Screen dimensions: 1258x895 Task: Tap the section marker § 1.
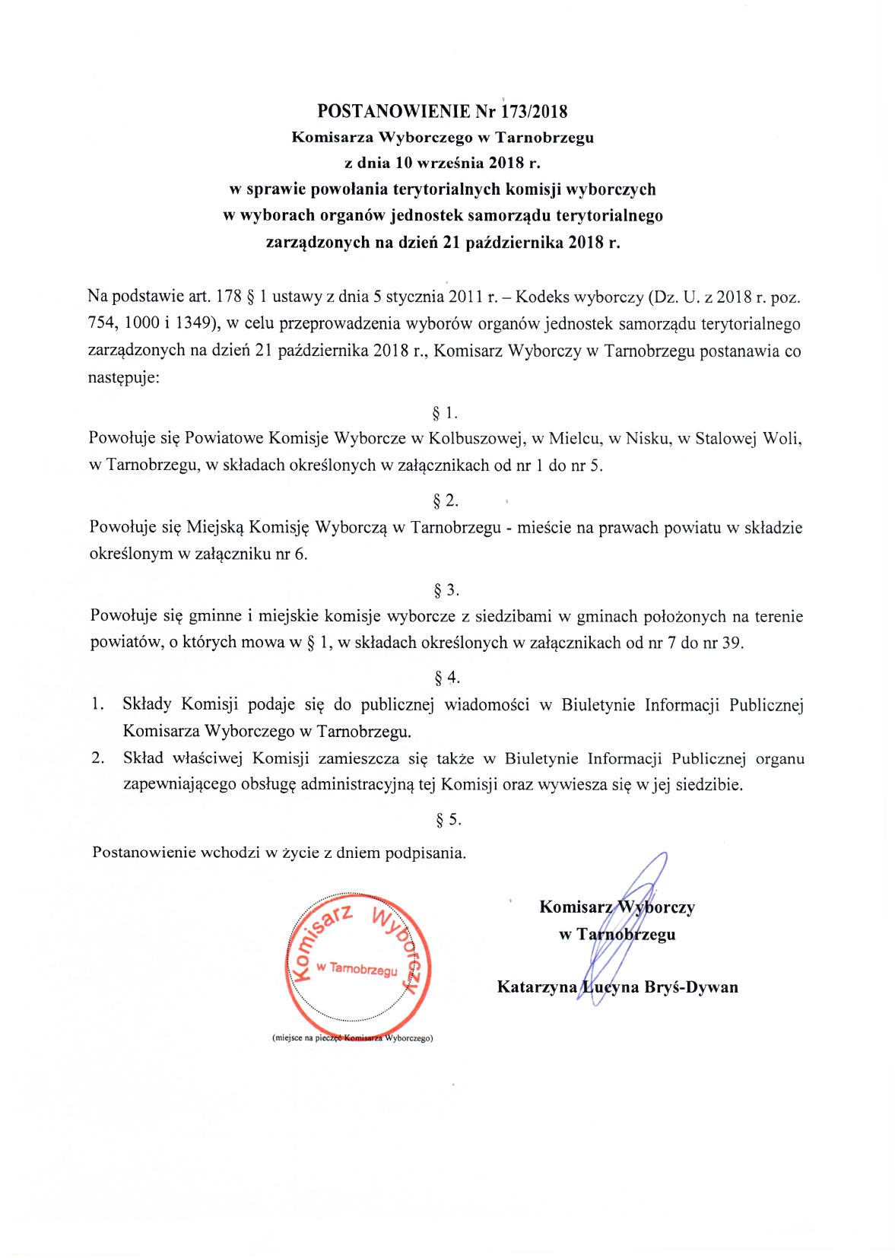pyautogui.click(x=444, y=413)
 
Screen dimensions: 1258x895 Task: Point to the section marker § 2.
pyautogui.click(x=445, y=500)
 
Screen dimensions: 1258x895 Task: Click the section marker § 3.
pyautogui.click(x=446, y=589)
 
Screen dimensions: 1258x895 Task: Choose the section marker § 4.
pyautogui.click(x=446, y=677)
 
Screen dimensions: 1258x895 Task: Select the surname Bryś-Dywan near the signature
pyautogui.click(x=691, y=987)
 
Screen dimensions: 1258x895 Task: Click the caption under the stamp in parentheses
pyautogui.click(x=352, y=1037)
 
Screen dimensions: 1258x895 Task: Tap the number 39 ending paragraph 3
pyautogui.click(x=731, y=643)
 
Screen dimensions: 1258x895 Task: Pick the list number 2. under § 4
pyautogui.click(x=97, y=758)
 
